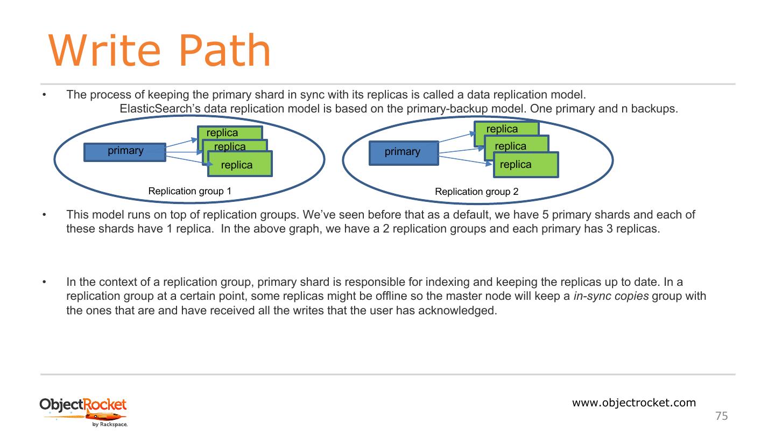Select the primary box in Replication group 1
[x=125, y=152]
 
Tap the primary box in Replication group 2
[x=403, y=152]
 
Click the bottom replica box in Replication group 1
[x=240, y=165]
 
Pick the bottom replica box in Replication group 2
[x=526, y=165]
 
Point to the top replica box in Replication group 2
[x=502, y=129]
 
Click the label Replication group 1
[x=189, y=191]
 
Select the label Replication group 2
[x=476, y=192]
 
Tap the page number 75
[x=721, y=416]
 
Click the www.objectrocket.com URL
[x=633, y=403]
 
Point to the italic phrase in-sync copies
[x=611, y=296]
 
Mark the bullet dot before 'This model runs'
[x=45, y=215]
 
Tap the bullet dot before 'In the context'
[x=45, y=282]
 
